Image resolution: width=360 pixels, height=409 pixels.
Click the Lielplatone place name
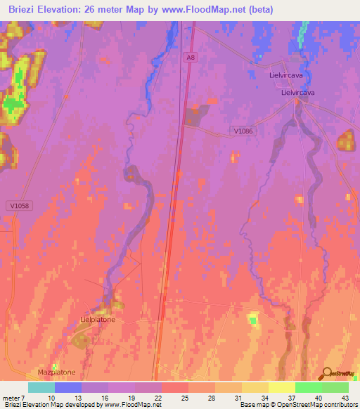pyautogui.click(x=98, y=319)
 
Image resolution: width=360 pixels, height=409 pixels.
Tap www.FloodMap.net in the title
pyautogui.click(x=210, y=9)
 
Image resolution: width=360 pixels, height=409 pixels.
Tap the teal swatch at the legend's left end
pyautogui.click(x=41, y=387)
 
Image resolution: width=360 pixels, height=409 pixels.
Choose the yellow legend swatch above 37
pyautogui.click(x=281, y=387)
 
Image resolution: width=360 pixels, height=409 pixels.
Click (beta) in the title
pyautogui.click(x=259, y=9)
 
